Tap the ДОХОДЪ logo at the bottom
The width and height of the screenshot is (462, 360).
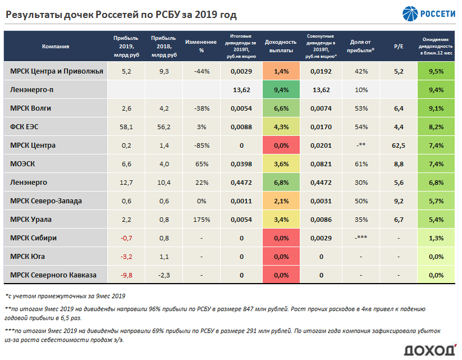[x=430, y=349]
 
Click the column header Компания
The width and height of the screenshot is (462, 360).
[x=56, y=47]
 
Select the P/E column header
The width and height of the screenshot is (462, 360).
[x=399, y=47]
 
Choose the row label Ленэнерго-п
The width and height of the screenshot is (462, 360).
[x=33, y=90]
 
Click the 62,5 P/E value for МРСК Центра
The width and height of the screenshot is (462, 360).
[x=399, y=145]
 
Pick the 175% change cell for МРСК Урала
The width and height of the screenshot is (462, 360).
[x=201, y=220]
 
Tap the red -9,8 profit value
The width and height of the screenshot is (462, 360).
[x=126, y=275]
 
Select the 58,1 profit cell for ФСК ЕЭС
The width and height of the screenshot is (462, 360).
[x=126, y=127]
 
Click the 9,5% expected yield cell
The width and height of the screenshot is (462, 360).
[x=436, y=71]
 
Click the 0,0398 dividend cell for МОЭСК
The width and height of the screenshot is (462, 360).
[x=241, y=164]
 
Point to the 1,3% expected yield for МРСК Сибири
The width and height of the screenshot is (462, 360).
[x=436, y=238]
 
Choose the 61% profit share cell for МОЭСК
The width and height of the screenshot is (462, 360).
[x=361, y=164]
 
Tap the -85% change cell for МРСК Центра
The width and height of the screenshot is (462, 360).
[x=201, y=145]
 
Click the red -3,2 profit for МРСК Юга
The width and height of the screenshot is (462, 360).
[x=126, y=257]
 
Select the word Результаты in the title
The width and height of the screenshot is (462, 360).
[x=34, y=15]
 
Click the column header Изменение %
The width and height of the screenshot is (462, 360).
[x=201, y=47]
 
